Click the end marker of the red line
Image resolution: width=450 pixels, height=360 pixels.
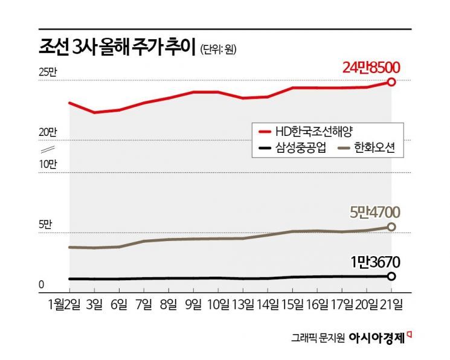(391, 82)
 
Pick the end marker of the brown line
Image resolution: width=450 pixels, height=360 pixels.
(391, 227)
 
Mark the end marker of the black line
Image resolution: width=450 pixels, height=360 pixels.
(391, 276)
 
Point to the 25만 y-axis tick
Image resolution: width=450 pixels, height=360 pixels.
(47, 73)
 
